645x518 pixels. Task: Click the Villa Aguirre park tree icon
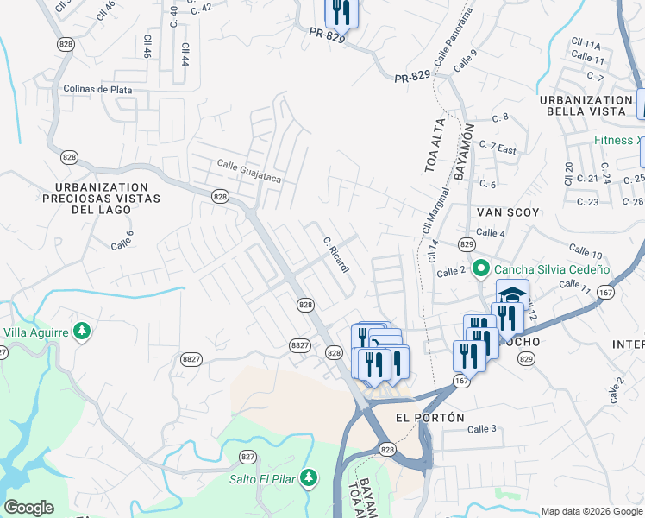click(x=82, y=332)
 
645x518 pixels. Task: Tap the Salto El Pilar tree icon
click(x=312, y=479)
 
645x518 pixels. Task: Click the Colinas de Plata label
click(x=97, y=89)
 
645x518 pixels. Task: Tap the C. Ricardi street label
click(x=336, y=256)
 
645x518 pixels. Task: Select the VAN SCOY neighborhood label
click(x=506, y=212)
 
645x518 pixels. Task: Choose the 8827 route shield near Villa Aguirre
click(x=191, y=358)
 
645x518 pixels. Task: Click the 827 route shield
click(x=248, y=457)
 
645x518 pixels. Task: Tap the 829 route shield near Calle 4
click(x=467, y=245)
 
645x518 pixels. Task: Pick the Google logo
click(x=29, y=507)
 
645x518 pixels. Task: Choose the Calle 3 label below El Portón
click(x=482, y=429)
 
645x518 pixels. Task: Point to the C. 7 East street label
click(x=498, y=148)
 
